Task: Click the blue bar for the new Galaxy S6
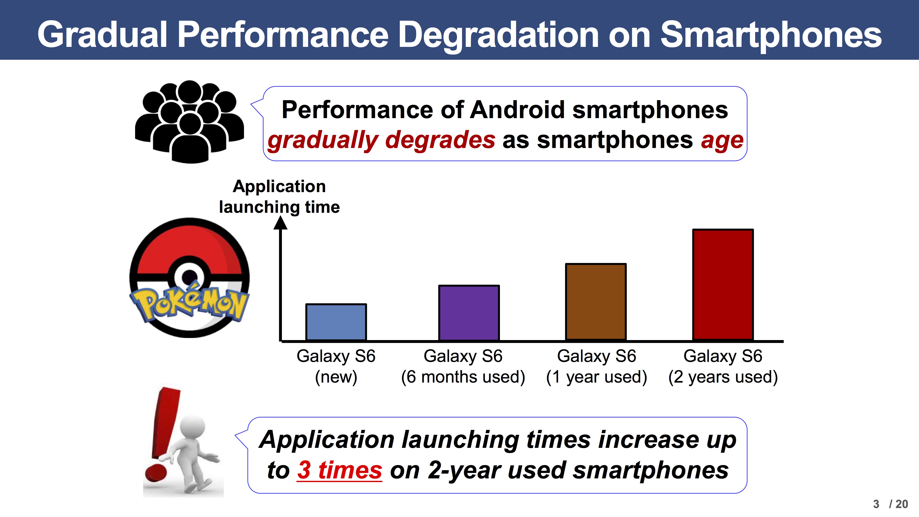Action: click(336, 322)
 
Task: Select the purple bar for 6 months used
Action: click(469, 313)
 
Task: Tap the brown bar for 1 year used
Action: click(596, 302)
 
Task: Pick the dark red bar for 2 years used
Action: click(723, 285)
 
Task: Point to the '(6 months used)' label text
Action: click(463, 377)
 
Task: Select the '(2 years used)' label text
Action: click(723, 377)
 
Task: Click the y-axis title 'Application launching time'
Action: click(279, 197)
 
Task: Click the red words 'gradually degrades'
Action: click(381, 140)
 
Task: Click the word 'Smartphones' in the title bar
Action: click(771, 35)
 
